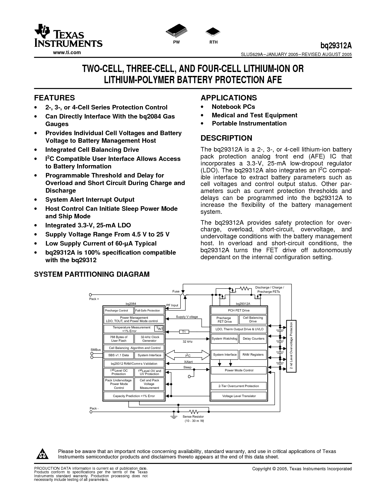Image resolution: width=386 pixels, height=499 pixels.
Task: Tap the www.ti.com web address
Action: click(67, 52)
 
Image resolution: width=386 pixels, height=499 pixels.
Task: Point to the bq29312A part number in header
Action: click(336, 46)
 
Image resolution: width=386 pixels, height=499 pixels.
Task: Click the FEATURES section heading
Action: click(54, 98)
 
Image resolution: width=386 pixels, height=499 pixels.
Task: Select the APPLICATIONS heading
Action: click(229, 98)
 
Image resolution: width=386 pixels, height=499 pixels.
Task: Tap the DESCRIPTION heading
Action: click(226, 138)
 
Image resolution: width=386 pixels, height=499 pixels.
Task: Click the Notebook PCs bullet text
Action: click(233, 107)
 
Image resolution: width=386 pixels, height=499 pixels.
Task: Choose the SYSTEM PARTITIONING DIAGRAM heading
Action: click(92, 274)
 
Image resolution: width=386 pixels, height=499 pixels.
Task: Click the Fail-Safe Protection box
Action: click(149, 311)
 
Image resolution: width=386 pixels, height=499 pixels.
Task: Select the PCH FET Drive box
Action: click(239, 311)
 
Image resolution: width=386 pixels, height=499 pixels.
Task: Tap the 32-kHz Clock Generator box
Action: click(149, 339)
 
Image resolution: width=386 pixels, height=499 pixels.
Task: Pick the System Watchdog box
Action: click(224, 339)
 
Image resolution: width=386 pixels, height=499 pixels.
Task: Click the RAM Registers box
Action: click(253, 355)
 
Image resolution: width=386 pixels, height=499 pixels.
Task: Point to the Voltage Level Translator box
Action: click(239, 396)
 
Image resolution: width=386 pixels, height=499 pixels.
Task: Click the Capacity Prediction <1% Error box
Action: click(134, 396)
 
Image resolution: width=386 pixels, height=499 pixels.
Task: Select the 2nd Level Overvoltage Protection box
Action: click(291, 346)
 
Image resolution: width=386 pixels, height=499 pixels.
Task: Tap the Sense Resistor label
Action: click(193, 417)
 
